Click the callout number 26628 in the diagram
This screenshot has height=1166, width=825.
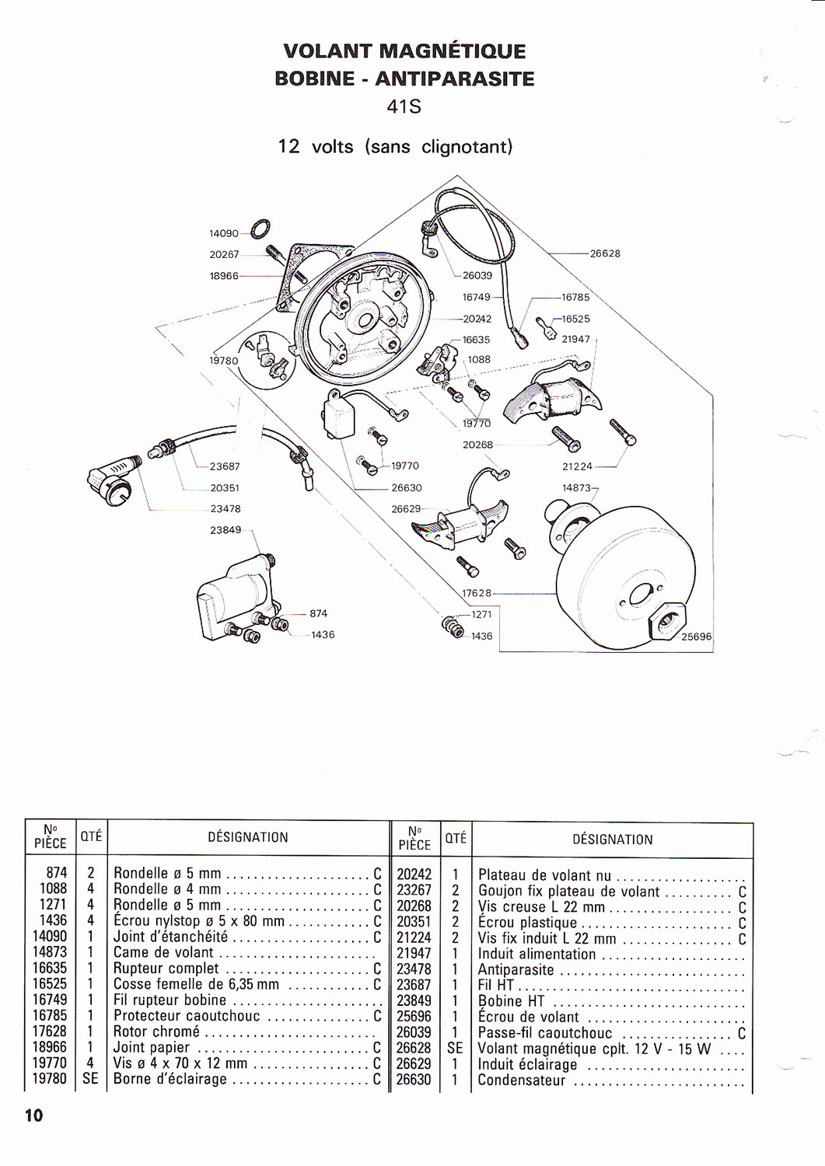[605, 253]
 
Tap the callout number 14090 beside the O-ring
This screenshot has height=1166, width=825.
[224, 233]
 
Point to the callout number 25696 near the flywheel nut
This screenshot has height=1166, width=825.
[696, 636]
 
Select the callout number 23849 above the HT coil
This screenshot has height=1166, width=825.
[225, 529]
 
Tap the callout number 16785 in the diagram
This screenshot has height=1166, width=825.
[575, 297]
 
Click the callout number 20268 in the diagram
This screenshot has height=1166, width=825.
[477, 445]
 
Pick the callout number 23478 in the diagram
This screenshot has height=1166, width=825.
[225, 508]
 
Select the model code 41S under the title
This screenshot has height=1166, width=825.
[404, 106]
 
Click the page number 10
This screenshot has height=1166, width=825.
[34, 1115]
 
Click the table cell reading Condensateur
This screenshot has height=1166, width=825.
[521, 1080]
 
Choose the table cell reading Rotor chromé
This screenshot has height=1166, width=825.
[156, 1032]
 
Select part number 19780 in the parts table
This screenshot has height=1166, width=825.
[50, 1079]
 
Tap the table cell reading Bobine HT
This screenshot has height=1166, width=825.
[511, 1000]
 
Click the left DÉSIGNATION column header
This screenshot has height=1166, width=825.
[247, 837]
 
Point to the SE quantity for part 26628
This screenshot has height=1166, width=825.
[455, 1048]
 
